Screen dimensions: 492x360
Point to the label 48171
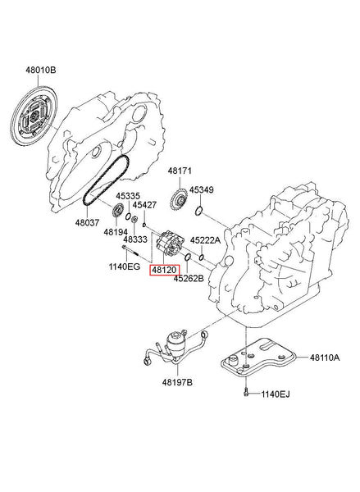pos(180,171)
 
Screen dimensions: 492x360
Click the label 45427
pos(145,206)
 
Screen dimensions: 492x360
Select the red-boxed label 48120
pos(164,268)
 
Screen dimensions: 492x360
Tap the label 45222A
pos(205,240)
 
